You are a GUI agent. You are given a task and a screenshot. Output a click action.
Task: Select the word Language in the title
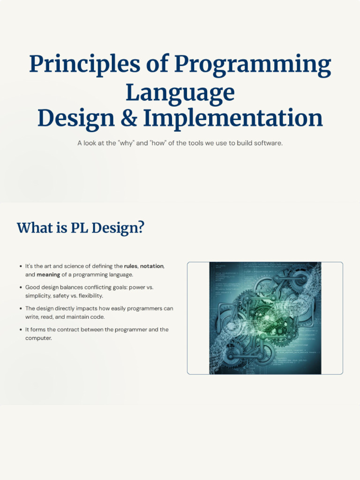(180, 92)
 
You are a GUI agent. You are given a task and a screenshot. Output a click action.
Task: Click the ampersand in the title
(128, 118)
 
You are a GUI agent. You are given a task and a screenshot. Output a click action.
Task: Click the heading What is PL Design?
(80, 228)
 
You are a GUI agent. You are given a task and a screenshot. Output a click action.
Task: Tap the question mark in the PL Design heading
(141, 228)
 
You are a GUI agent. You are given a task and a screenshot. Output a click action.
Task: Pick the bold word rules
(131, 266)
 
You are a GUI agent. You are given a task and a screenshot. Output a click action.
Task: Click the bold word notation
(152, 266)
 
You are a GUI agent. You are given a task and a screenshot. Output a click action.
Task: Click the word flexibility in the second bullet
(91, 296)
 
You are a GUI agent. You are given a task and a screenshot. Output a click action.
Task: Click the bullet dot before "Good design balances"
(21, 287)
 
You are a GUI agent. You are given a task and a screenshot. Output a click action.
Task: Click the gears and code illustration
(265, 318)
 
